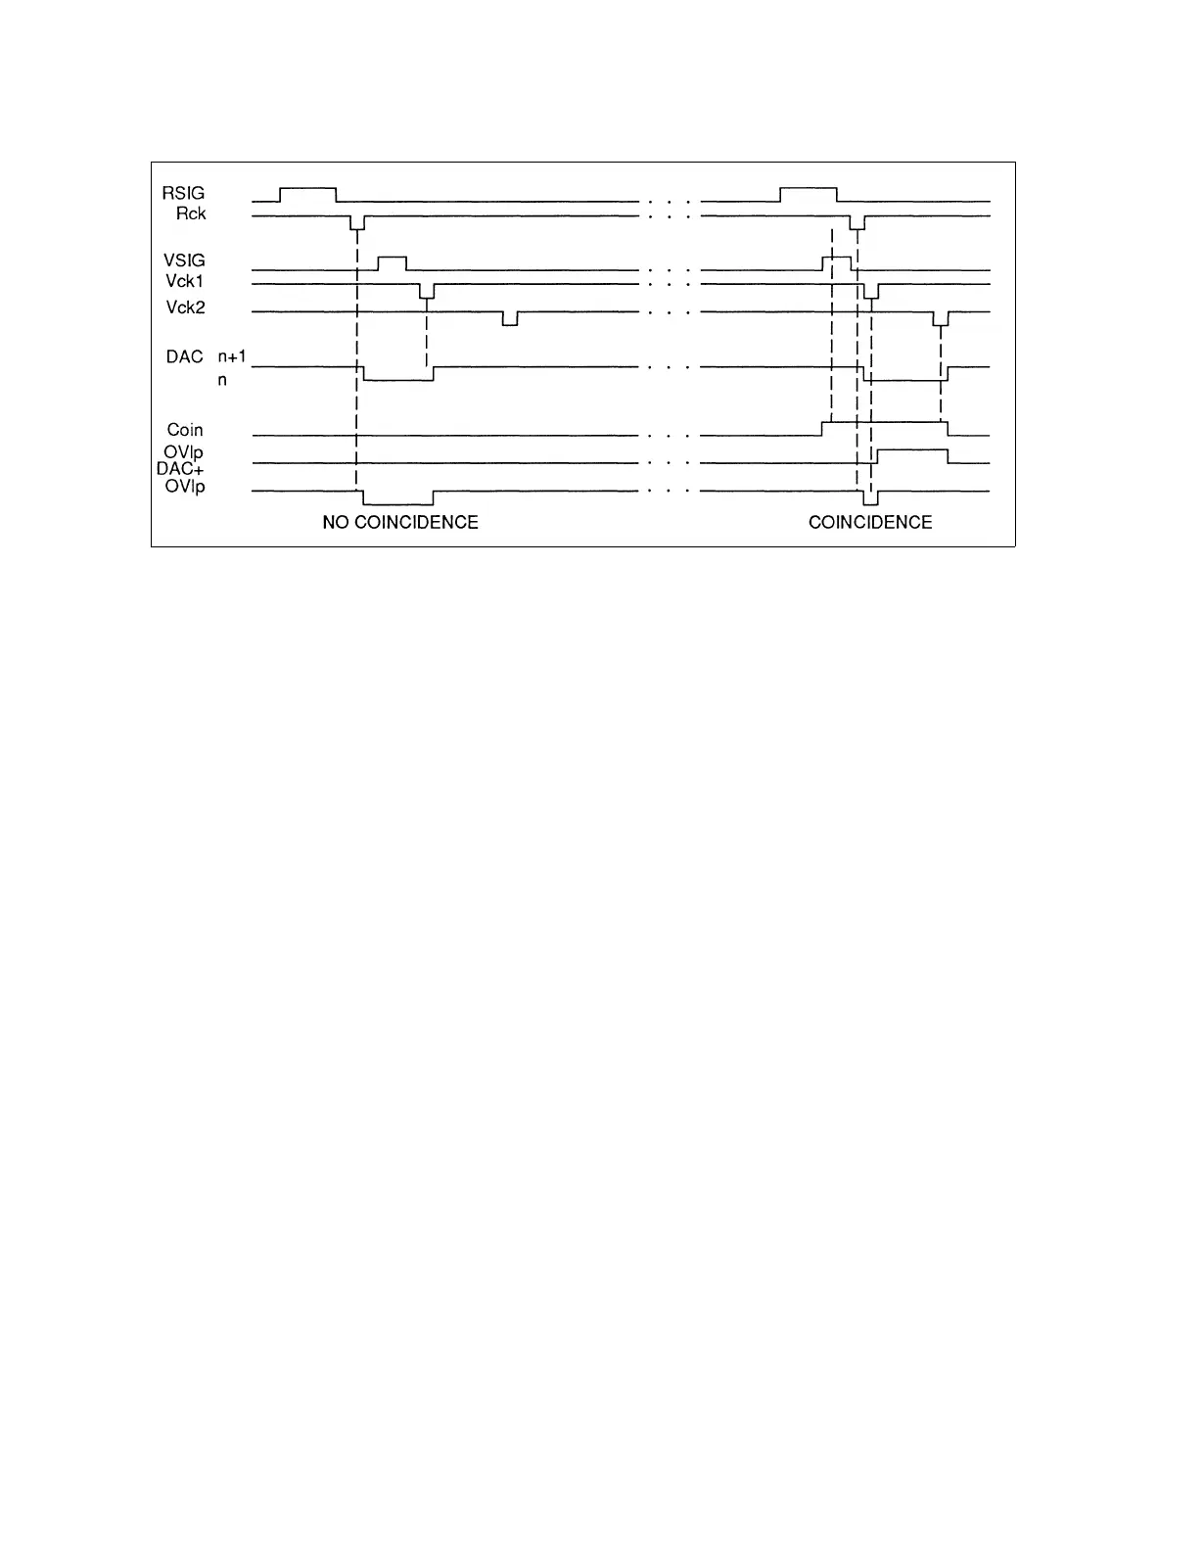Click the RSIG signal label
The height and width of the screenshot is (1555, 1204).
[x=183, y=193]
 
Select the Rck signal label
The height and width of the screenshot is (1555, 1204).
[x=191, y=213]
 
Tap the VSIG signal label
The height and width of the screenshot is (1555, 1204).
[x=184, y=260]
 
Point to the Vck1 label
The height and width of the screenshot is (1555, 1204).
[x=185, y=282]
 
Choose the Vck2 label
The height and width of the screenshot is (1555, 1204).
[x=185, y=307]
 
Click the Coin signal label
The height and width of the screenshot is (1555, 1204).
[x=185, y=430]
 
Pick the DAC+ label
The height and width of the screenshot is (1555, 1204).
[x=180, y=469]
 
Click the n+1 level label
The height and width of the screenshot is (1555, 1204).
[x=232, y=357]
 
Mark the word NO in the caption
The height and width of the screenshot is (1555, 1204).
[x=336, y=523]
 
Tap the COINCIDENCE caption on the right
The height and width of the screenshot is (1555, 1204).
[x=870, y=523]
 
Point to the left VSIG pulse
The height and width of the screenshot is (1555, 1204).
[x=392, y=262]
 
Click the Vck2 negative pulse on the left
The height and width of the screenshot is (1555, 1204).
[x=510, y=318]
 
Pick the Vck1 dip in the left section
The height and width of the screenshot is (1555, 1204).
[x=427, y=291]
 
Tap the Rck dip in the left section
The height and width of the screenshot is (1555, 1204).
[x=357, y=222]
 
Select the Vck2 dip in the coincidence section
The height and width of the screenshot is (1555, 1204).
[x=941, y=318]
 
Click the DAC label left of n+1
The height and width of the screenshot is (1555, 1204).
[x=184, y=357]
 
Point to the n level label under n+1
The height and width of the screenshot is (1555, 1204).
[x=222, y=380]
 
